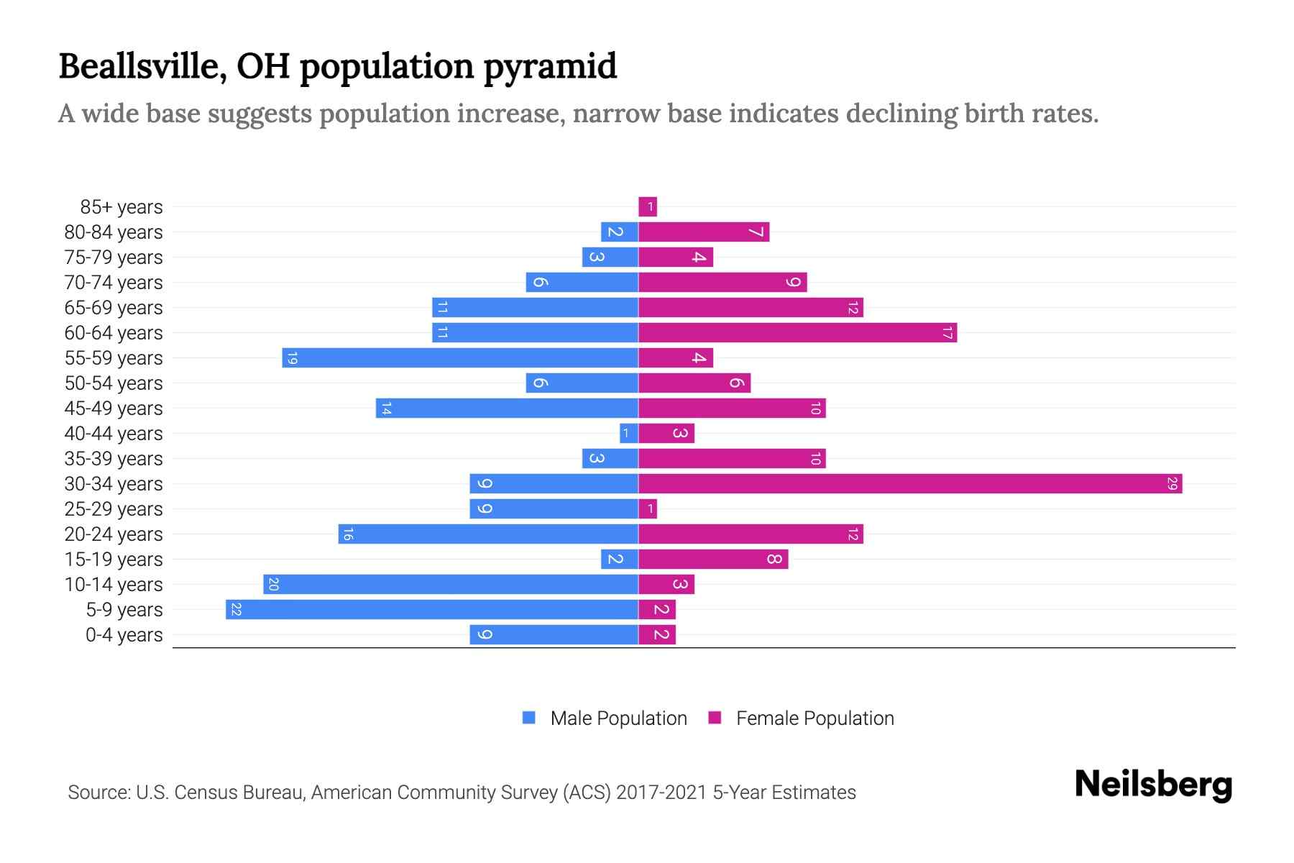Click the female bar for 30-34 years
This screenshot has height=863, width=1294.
909,484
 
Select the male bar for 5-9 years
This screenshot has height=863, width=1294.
431,610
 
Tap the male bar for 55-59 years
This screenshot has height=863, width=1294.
460,358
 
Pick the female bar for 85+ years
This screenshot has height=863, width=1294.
648,207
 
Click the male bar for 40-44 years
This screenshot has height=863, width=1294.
629,434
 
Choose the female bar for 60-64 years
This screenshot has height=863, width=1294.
797,333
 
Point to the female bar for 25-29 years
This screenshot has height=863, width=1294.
648,509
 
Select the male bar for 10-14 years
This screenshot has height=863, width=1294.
451,585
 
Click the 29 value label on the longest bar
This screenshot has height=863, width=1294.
1172,484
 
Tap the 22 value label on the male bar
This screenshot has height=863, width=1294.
236,610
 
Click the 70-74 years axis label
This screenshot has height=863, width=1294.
114,283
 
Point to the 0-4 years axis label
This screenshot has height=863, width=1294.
124,635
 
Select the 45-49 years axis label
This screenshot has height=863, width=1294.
114,408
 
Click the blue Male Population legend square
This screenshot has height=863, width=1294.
529,718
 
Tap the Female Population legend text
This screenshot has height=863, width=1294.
815,718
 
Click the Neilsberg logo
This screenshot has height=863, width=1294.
1153,785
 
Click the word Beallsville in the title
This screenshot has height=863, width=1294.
143,67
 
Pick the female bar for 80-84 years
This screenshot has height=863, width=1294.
704,232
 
